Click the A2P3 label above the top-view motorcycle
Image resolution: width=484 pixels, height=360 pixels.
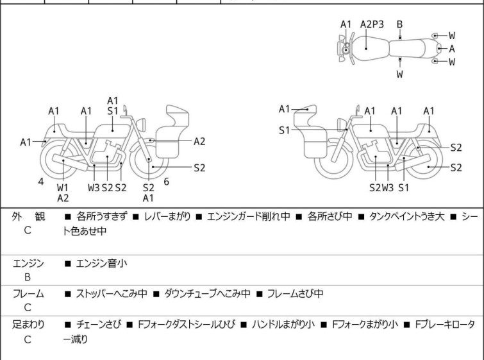point(372,24)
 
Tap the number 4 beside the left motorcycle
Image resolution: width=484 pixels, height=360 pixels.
point(41,182)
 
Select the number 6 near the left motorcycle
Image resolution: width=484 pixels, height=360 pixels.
point(166,182)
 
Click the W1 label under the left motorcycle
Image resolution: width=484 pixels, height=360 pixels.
point(62,187)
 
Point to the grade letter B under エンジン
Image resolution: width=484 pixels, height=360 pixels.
point(28,277)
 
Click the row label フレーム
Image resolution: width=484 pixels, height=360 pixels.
point(28,294)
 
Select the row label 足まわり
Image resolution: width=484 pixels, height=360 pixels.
point(28,325)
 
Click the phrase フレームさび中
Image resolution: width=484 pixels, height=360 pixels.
point(294,294)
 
